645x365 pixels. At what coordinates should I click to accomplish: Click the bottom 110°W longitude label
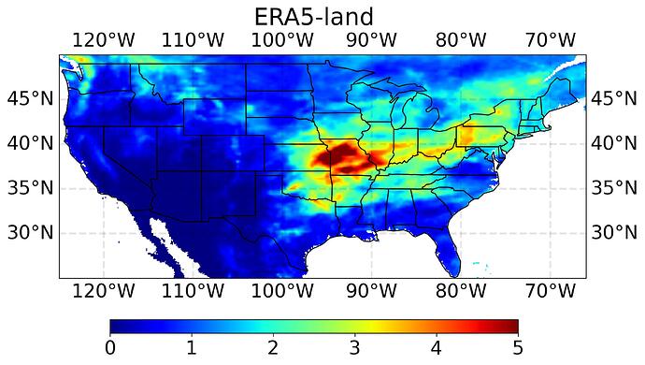pos(192,291)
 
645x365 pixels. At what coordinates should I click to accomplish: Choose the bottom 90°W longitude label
pos(369,291)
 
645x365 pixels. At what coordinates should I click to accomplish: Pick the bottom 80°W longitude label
pos(459,291)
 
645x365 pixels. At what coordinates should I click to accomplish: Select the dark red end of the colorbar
pos(510,326)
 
